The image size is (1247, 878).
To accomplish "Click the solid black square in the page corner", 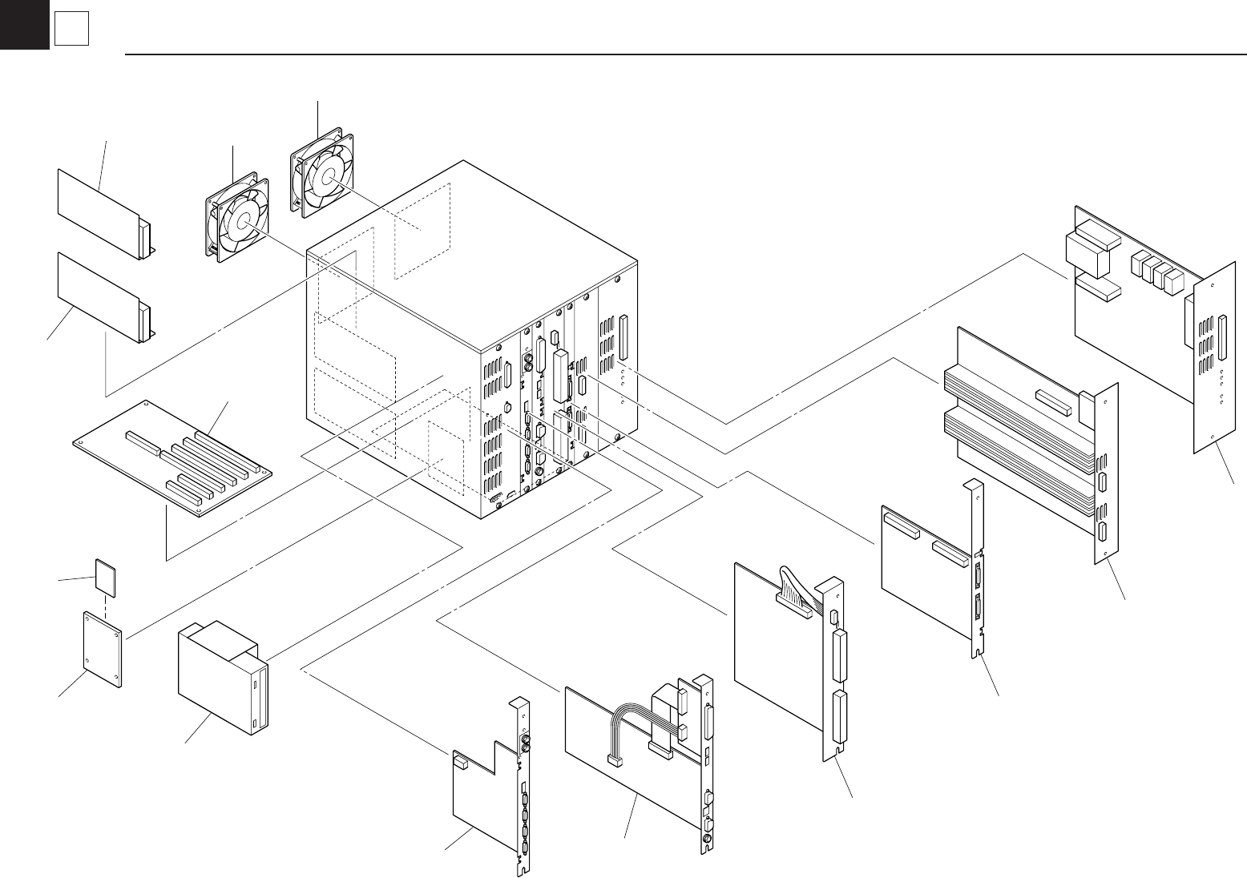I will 24,24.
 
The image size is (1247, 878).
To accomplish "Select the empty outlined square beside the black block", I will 71,30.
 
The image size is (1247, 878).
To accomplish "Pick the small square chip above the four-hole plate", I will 106,576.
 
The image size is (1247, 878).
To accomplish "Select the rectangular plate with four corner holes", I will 103,650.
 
